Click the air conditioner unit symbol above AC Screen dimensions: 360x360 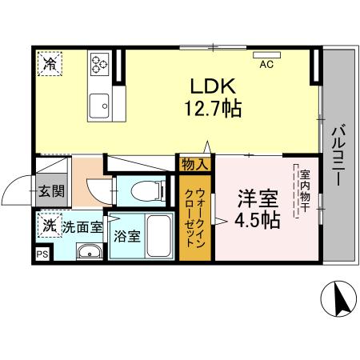(x=264, y=56)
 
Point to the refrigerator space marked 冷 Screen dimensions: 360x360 (x=50, y=63)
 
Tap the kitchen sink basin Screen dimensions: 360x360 (x=100, y=105)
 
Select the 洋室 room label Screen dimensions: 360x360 (x=256, y=198)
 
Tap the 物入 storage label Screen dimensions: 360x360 (x=197, y=164)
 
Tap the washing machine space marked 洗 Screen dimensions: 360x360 (x=49, y=226)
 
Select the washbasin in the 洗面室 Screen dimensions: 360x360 (x=89, y=253)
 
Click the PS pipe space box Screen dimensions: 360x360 (x=42, y=255)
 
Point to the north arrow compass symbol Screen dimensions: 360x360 (x=337, y=300)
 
